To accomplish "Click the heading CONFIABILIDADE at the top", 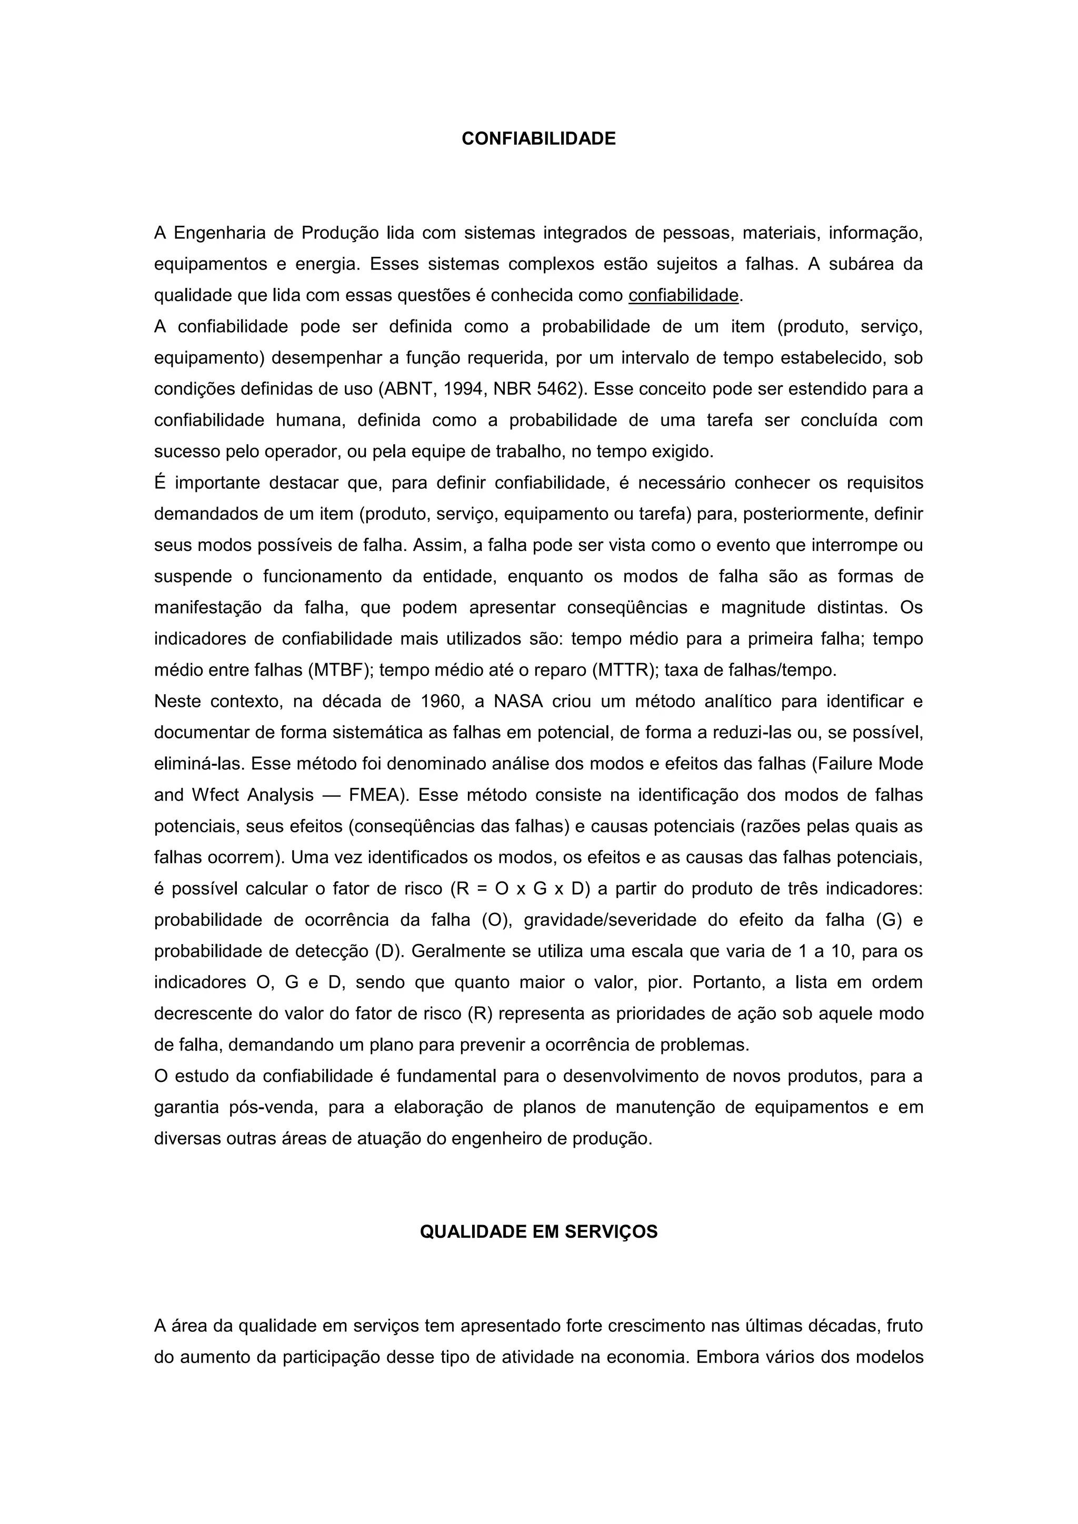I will (538, 139).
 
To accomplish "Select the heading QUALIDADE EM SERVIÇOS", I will (538, 1231).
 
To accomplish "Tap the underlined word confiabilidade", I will (683, 295).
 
